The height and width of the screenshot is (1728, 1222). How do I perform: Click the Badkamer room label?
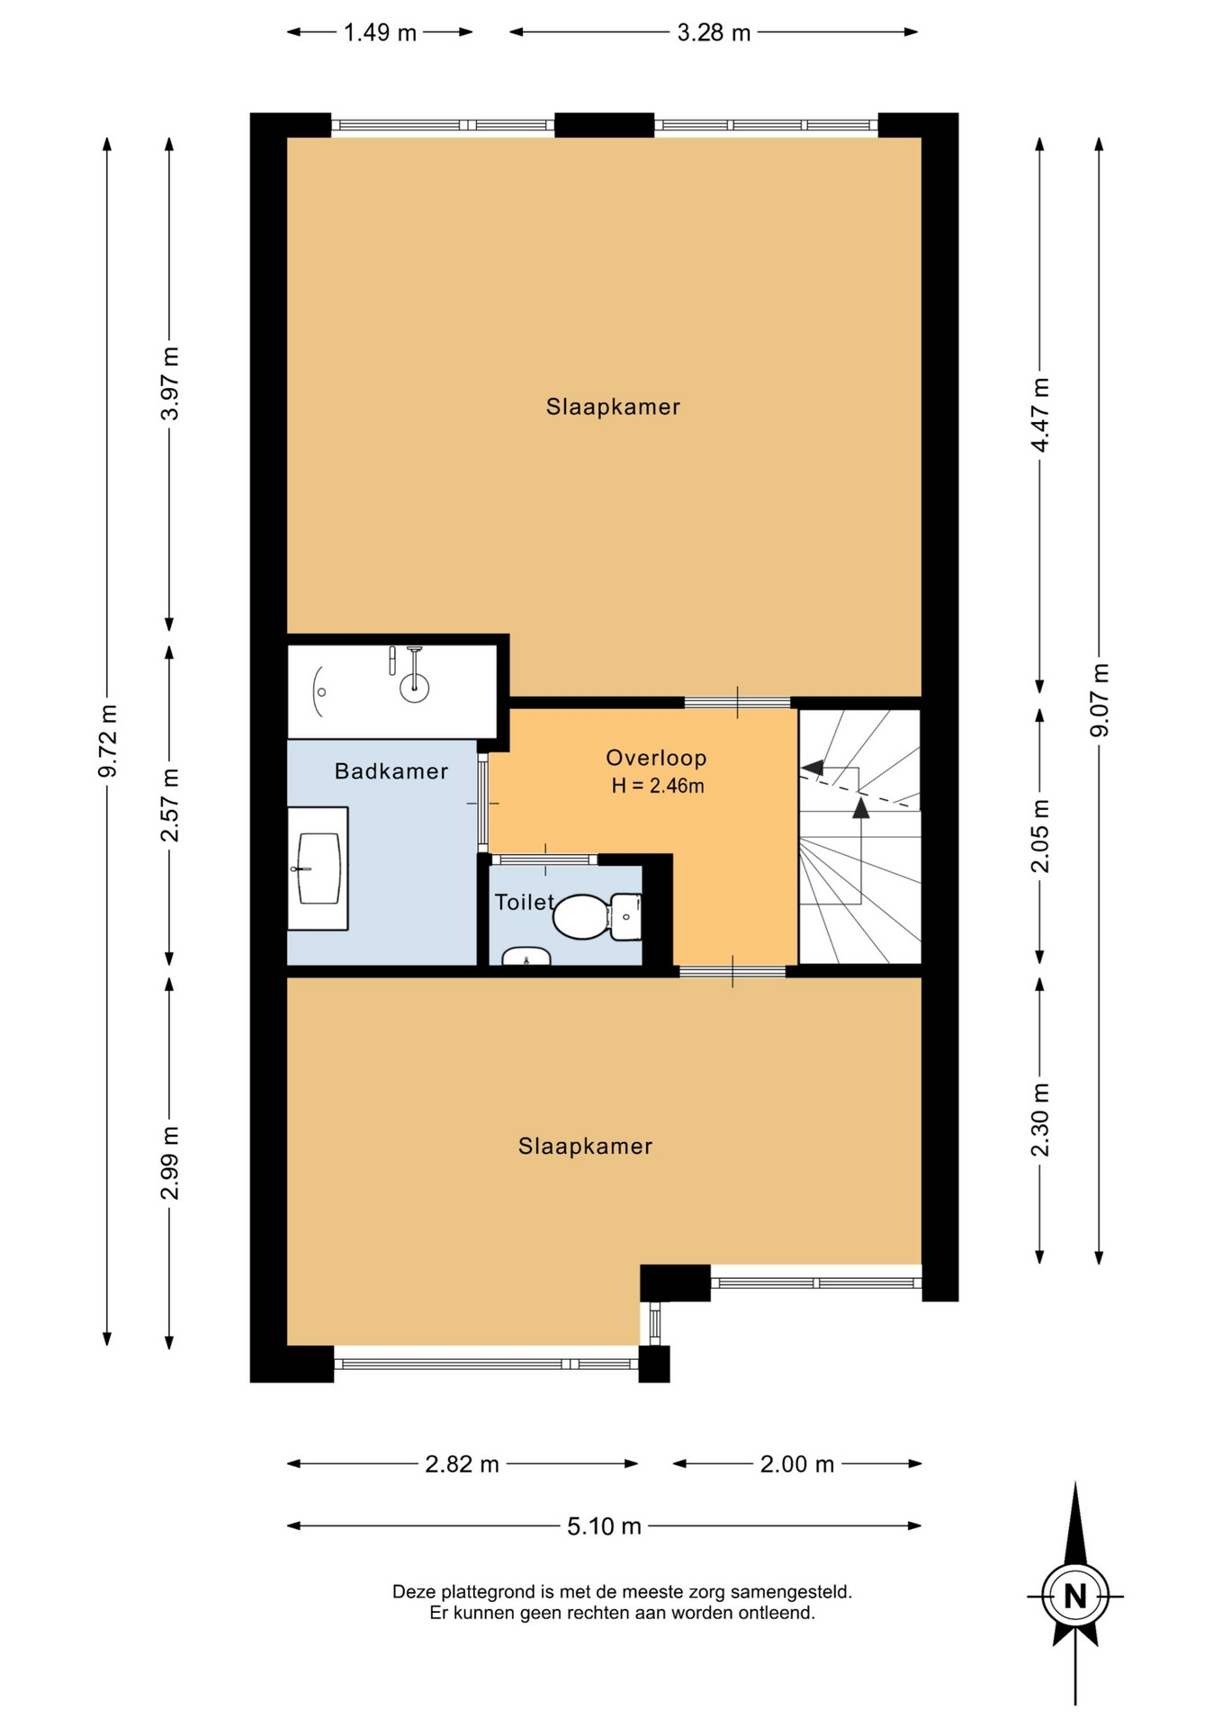click(x=391, y=771)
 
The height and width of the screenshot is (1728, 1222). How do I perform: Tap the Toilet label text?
click(x=525, y=902)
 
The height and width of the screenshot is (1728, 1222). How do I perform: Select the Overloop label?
click(x=656, y=758)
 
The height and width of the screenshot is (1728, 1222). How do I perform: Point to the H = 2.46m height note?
click(x=657, y=786)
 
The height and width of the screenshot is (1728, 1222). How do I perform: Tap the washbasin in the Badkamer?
click(x=317, y=868)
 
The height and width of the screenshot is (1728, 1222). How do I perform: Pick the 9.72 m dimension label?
click(x=107, y=741)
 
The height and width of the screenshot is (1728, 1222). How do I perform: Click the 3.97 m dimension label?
click(x=169, y=383)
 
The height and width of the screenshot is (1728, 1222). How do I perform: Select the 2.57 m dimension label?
click(x=169, y=805)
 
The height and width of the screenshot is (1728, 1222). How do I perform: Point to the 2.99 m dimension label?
click(x=169, y=1163)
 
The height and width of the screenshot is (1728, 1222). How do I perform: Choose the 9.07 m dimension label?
click(x=1100, y=700)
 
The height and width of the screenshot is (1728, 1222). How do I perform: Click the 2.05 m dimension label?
click(x=1040, y=836)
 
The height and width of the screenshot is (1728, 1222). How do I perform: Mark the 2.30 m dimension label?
click(x=1040, y=1120)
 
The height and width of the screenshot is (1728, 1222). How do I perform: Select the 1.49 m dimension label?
click(x=380, y=33)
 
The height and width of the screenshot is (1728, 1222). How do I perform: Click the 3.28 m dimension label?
click(x=714, y=33)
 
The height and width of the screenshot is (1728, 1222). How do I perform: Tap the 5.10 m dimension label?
click(x=604, y=1526)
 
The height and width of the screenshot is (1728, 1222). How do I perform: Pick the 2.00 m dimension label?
click(x=797, y=1464)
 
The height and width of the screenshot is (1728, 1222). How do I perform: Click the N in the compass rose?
click(x=1075, y=1597)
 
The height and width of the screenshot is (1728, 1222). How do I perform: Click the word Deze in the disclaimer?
click(x=411, y=1592)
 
